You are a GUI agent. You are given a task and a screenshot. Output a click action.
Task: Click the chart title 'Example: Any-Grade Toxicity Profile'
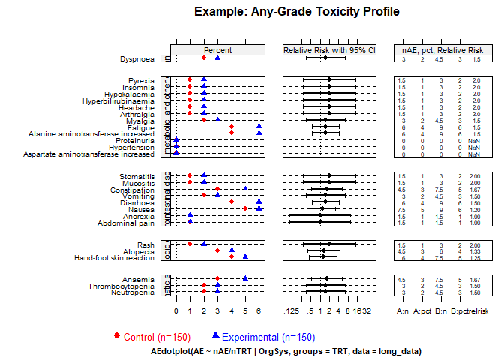(296, 12)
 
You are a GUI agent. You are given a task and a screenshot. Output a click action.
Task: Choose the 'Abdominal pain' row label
(126, 223)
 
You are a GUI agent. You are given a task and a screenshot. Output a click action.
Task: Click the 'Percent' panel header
(217, 50)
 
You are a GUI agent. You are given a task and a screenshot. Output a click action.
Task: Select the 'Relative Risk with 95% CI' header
(328, 50)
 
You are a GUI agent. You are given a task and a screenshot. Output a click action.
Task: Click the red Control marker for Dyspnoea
(204, 58)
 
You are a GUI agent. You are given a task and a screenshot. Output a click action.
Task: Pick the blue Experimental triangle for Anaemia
(245, 278)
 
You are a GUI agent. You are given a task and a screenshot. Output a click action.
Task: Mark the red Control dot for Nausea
(245, 208)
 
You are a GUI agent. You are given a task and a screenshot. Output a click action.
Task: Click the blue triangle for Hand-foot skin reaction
(245, 257)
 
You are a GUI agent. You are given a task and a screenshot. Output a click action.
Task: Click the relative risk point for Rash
(329, 244)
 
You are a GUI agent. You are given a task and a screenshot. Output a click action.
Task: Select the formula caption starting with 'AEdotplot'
(286, 351)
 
